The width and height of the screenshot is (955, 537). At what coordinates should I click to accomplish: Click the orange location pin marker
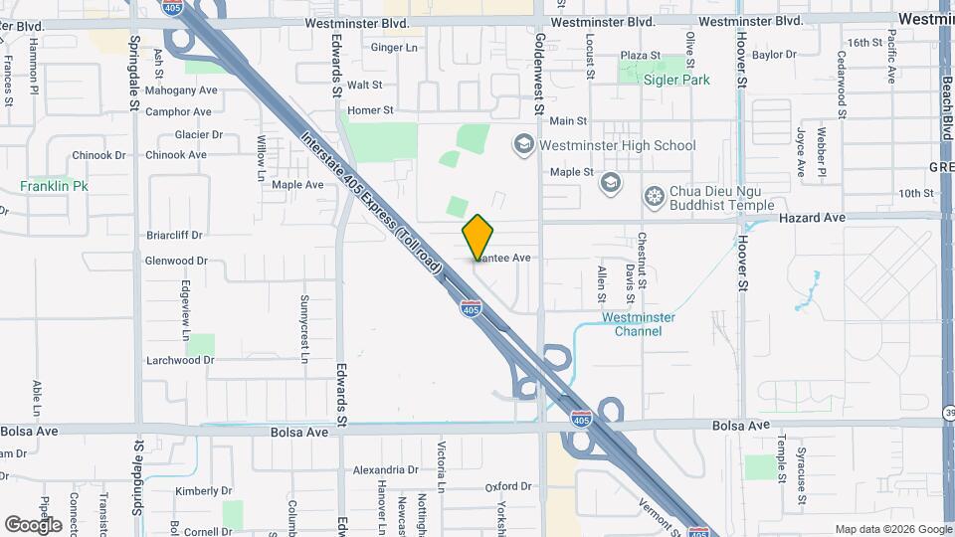point(478,238)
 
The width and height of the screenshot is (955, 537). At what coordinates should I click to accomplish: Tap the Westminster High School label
point(617,145)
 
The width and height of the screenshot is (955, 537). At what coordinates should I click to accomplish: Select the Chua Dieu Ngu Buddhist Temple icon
point(654,194)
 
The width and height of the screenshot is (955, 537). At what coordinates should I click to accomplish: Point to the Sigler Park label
point(676,80)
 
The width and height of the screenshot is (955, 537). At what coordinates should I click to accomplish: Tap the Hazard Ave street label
point(812,217)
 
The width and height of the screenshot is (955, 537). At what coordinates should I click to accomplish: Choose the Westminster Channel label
point(639,324)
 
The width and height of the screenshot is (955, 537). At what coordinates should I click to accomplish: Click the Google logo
point(33,524)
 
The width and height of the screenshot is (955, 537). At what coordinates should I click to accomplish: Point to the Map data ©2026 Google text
point(891,529)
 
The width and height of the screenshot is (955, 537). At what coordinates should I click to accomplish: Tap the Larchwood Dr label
point(180,360)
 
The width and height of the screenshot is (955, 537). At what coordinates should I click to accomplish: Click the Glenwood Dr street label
point(175,261)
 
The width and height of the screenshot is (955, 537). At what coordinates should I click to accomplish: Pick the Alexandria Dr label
point(387,470)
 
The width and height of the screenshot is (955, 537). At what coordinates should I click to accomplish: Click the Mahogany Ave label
point(180,90)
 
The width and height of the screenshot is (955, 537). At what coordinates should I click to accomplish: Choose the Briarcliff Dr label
point(174,236)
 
